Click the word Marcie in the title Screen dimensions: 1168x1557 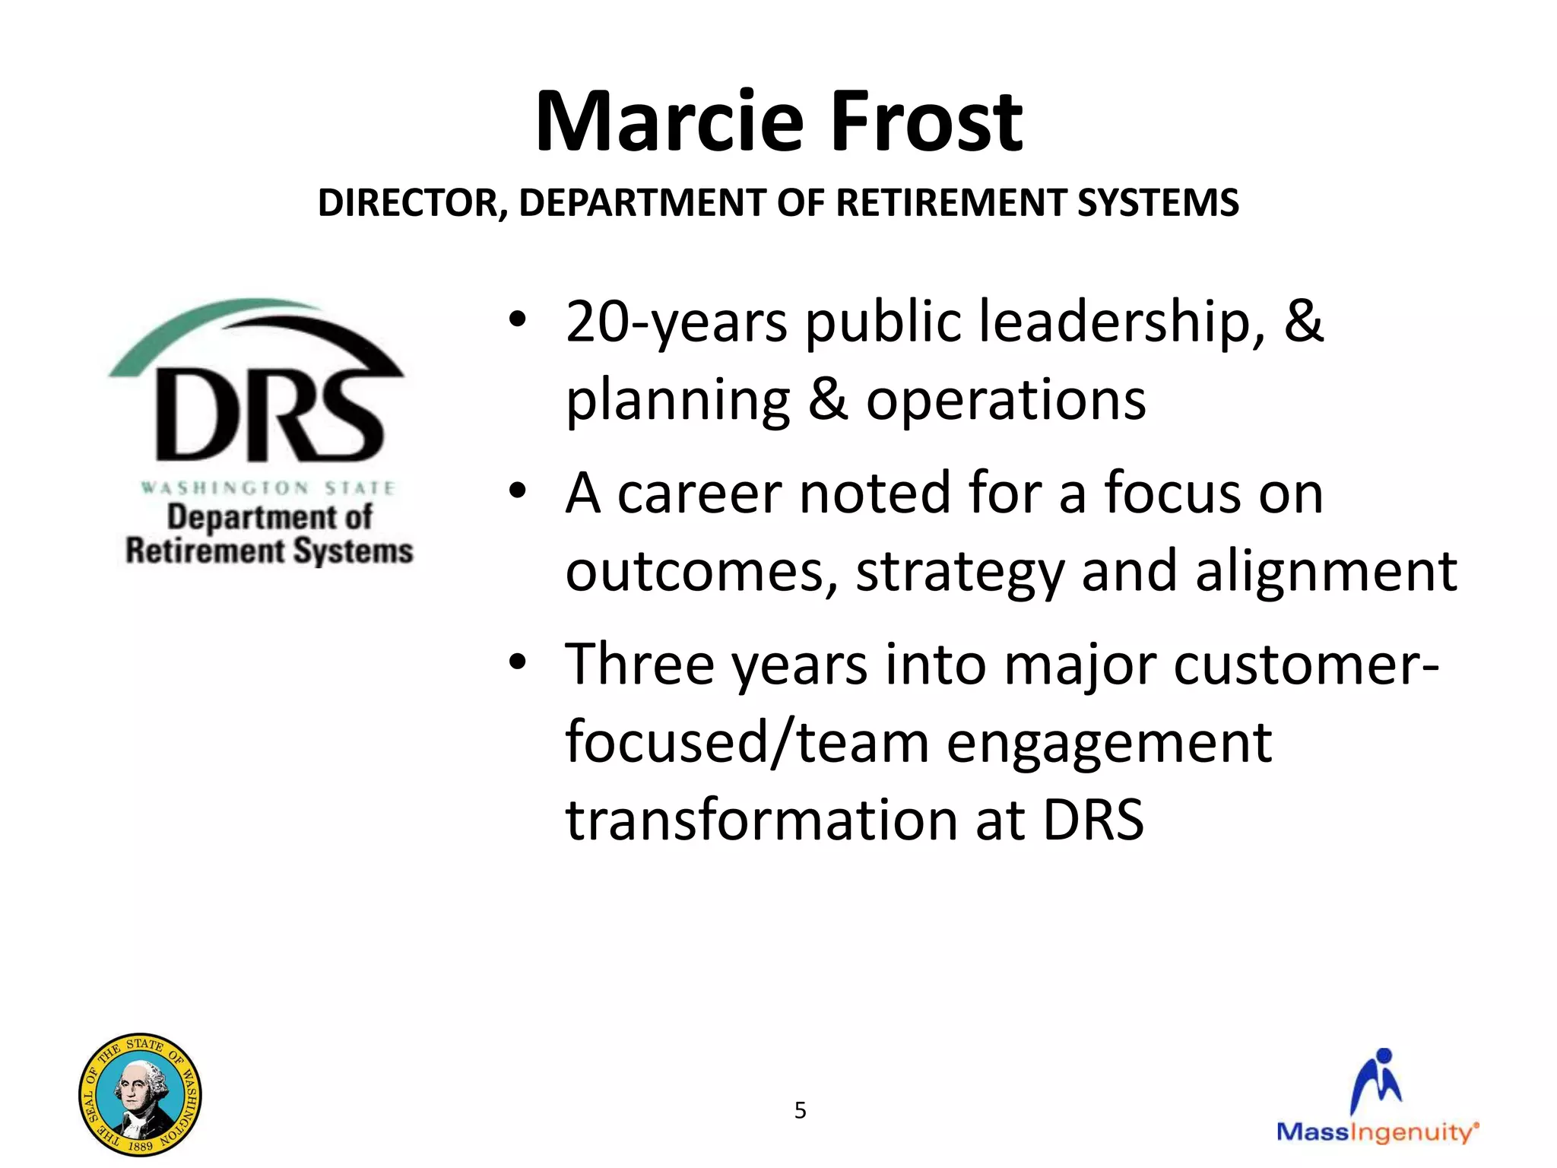click(x=669, y=122)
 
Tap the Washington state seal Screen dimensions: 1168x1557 click(x=140, y=1094)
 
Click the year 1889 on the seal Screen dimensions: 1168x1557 click(x=141, y=1145)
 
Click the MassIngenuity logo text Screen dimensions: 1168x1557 click(x=1377, y=1132)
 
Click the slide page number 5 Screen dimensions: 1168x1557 click(x=800, y=1110)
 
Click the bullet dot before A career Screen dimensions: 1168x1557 click(x=518, y=491)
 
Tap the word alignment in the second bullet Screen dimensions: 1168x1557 click(x=1326, y=572)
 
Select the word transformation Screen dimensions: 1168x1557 click(x=760, y=820)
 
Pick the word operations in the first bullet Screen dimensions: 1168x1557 click(x=1005, y=401)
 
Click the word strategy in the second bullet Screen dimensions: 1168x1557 click(x=959, y=572)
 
